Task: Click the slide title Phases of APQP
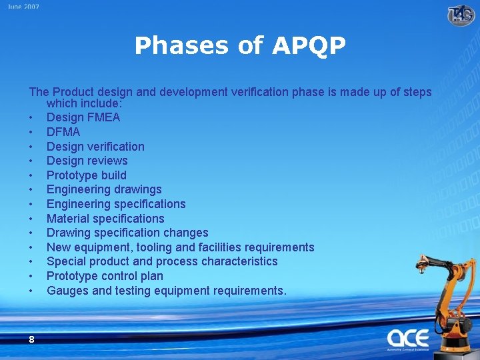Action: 240,46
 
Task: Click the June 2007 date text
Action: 24,7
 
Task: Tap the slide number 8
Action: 31,339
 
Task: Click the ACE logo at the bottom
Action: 407,338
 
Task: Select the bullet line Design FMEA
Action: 83,117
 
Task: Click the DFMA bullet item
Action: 63,132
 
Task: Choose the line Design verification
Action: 95,147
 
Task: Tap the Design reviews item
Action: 87,161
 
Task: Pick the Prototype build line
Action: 86,175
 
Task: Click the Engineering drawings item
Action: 104,189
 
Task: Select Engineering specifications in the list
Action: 116,204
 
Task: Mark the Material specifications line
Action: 105,219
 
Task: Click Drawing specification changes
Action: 127,233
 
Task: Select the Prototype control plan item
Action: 105,276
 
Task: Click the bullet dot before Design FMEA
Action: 31,118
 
